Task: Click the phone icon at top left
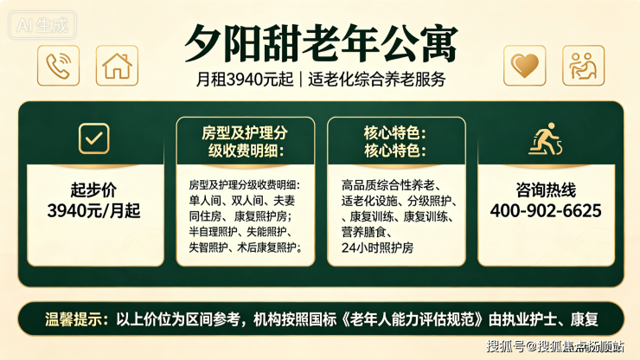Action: pyautogui.click(x=58, y=66)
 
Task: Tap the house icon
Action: pyautogui.click(x=117, y=66)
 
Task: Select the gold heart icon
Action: pyautogui.click(x=524, y=66)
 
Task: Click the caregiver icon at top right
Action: pyautogui.click(x=583, y=66)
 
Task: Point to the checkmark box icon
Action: pyautogui.click(x=94, y=138)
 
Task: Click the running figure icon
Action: pyautogui.click(x=546, y=139)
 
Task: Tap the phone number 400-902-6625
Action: pyautogui.click(x=546, y=211)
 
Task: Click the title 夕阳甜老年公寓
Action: pyautogui.click(x=321, y=43)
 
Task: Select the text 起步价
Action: pyautogui.click(x=94, y=190)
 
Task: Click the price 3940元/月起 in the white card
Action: pyautogui.click(x=94, y=211)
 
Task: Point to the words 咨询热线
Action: pyautogui.click(x=546, y=190)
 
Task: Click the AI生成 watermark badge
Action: pyautogui.click(x=42, y=25)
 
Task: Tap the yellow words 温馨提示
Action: pyautogui.click(x=73, y=319)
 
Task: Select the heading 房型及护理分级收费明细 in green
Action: pyautogui.click(x=246, y=142)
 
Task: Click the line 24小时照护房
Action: pyautogui.click(x=378, y=247)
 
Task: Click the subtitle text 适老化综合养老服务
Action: pyautogui.click(x=377, y=80)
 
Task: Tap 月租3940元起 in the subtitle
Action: pyautogui.click(x=245, y=80)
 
